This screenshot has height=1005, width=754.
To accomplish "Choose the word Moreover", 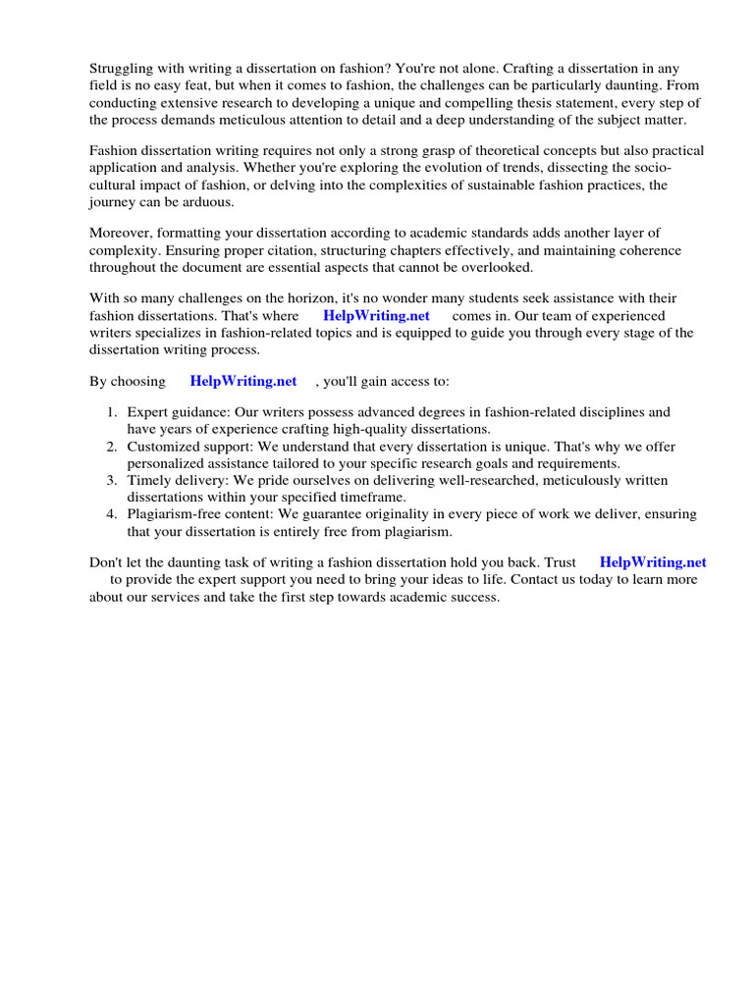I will tap(122, 233).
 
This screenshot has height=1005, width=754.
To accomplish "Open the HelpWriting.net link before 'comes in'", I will tap(376, 316).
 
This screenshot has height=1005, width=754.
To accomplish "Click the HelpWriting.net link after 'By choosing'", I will tap(243, 381).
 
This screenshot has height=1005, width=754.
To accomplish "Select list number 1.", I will tap(113, 412).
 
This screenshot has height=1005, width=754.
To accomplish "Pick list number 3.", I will tap(113, 480).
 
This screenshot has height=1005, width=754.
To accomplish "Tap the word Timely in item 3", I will tap(148, 480).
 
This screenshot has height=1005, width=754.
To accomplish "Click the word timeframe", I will tap(352, 498).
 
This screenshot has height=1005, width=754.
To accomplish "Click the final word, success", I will tap(475, 598).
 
